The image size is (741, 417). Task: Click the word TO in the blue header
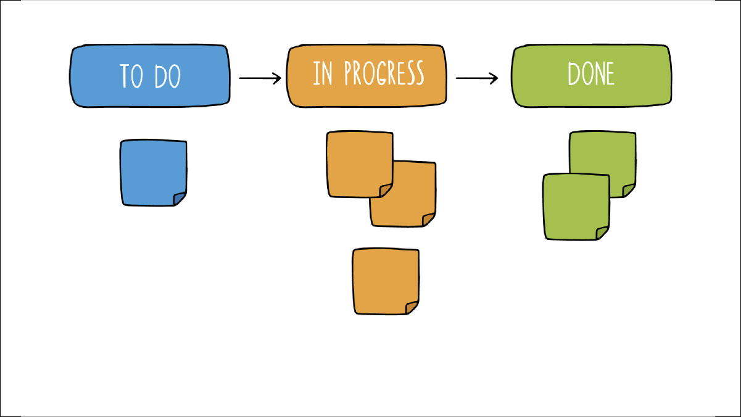click(131, 76)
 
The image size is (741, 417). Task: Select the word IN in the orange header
click(323, 74)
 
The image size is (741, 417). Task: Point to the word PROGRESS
click(384, 74)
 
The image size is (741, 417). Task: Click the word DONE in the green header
click(591, 75)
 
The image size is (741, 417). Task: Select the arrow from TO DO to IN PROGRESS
click(260, 78)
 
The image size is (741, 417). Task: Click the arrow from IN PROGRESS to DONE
click(476, 78)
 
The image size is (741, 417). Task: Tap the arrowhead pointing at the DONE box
click(494, 78)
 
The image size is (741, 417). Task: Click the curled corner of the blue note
click(180, 198)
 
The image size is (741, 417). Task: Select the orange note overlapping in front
click(358, 162)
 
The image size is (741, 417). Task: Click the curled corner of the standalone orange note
click(412, 307)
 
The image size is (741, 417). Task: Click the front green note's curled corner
click(602, 232)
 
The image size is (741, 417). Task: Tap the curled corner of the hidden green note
click(629, 189)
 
